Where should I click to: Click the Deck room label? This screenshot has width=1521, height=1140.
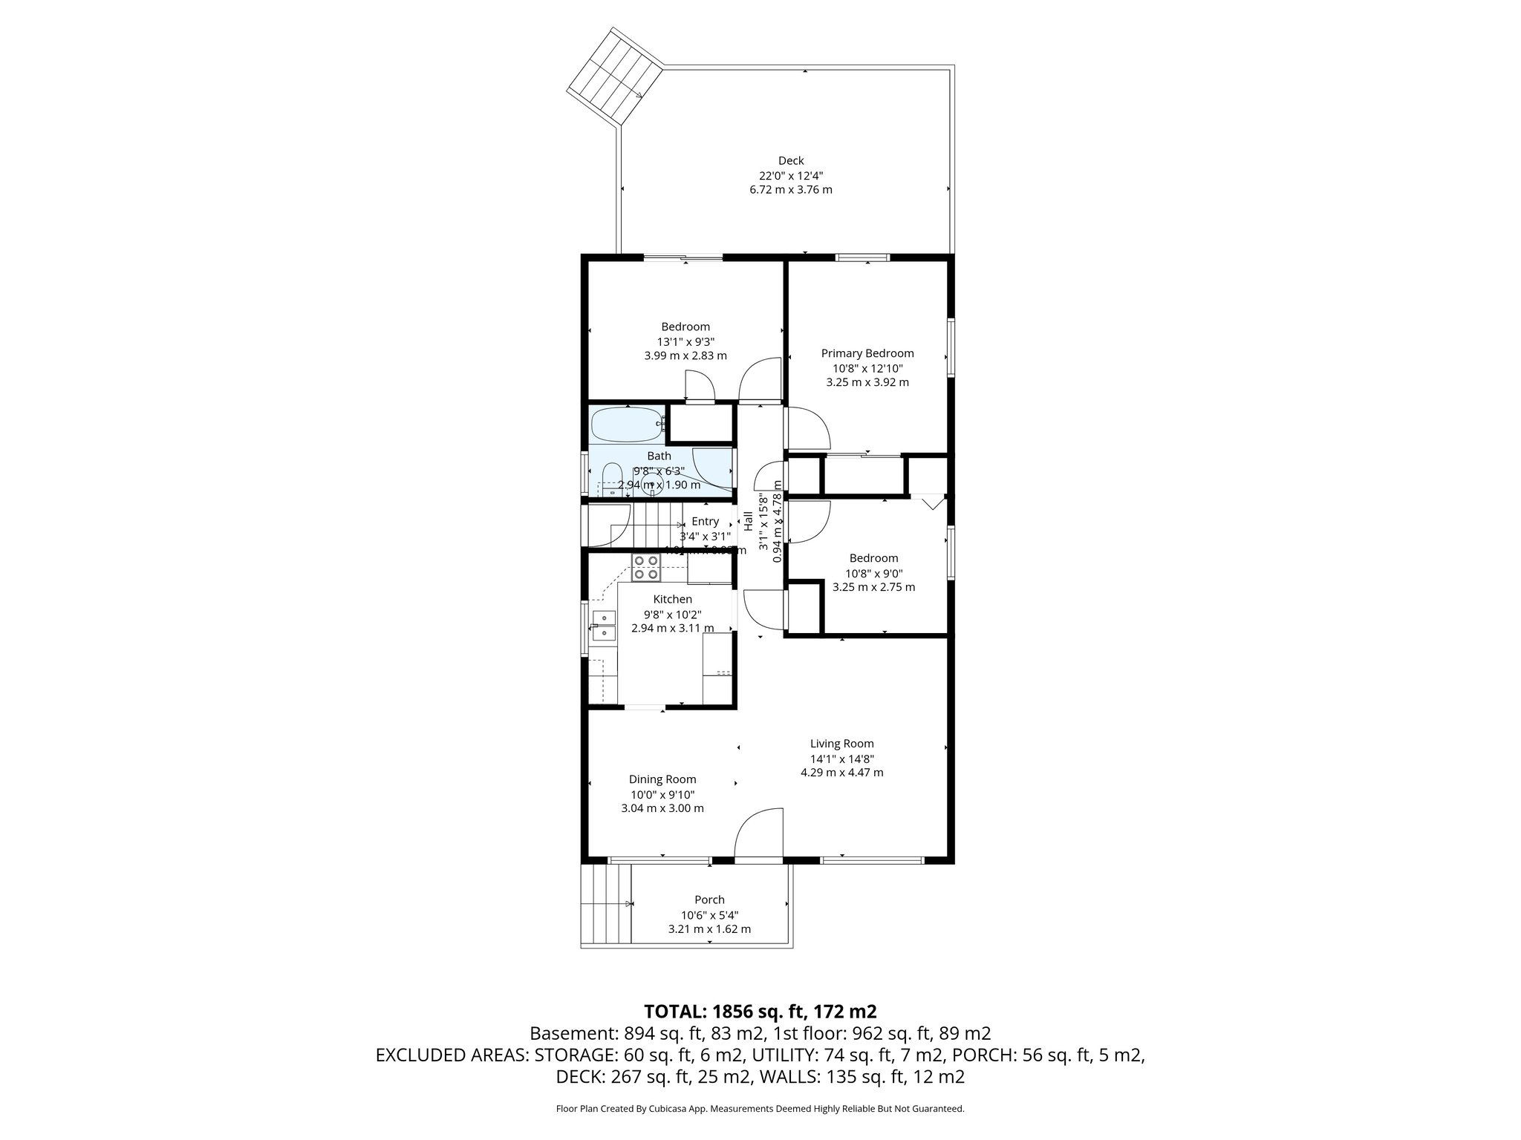tap(791, 160)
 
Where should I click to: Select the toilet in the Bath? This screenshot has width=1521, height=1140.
tap(612, 479)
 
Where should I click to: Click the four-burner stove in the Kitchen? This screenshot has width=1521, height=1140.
tap(645, 568)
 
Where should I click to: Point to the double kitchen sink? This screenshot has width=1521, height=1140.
tap(603, 625)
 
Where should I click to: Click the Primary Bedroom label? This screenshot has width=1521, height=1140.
tap(867, 353)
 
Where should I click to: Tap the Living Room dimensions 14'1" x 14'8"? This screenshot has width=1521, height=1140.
tap(841, 759)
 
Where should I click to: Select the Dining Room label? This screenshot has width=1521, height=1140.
tap(662, 779)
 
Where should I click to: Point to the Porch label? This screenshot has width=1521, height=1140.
tap(709, 900)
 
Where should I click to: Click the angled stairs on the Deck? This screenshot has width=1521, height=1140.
tap(615, 76)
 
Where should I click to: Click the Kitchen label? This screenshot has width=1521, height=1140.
tap(673, 599)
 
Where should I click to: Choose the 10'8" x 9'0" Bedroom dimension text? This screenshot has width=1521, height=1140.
tap(873, 573)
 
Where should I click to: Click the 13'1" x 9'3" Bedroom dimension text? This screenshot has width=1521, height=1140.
tap(685, 341)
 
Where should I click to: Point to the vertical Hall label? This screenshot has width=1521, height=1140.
tap(749, 520)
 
